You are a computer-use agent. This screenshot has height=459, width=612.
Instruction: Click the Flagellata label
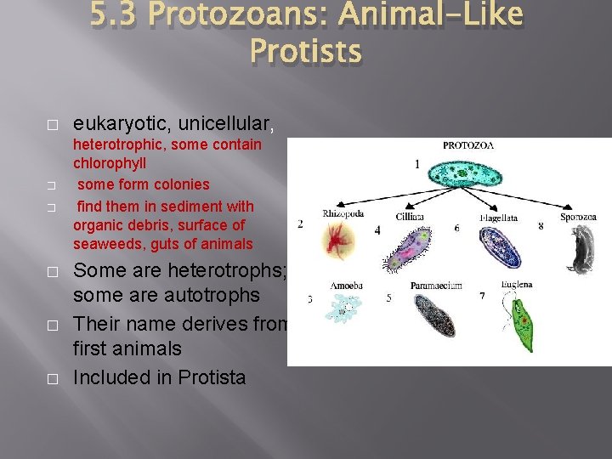coord(498,218)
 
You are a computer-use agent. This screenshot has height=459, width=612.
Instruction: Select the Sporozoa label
coord(579,218)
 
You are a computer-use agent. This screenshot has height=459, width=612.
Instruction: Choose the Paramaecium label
coord(436,286)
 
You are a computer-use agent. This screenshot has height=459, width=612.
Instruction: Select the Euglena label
coord(518,284)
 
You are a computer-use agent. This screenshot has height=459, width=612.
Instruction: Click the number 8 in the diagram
coord(541,226)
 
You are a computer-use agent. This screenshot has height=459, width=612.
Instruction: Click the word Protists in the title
coord(306,52)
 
